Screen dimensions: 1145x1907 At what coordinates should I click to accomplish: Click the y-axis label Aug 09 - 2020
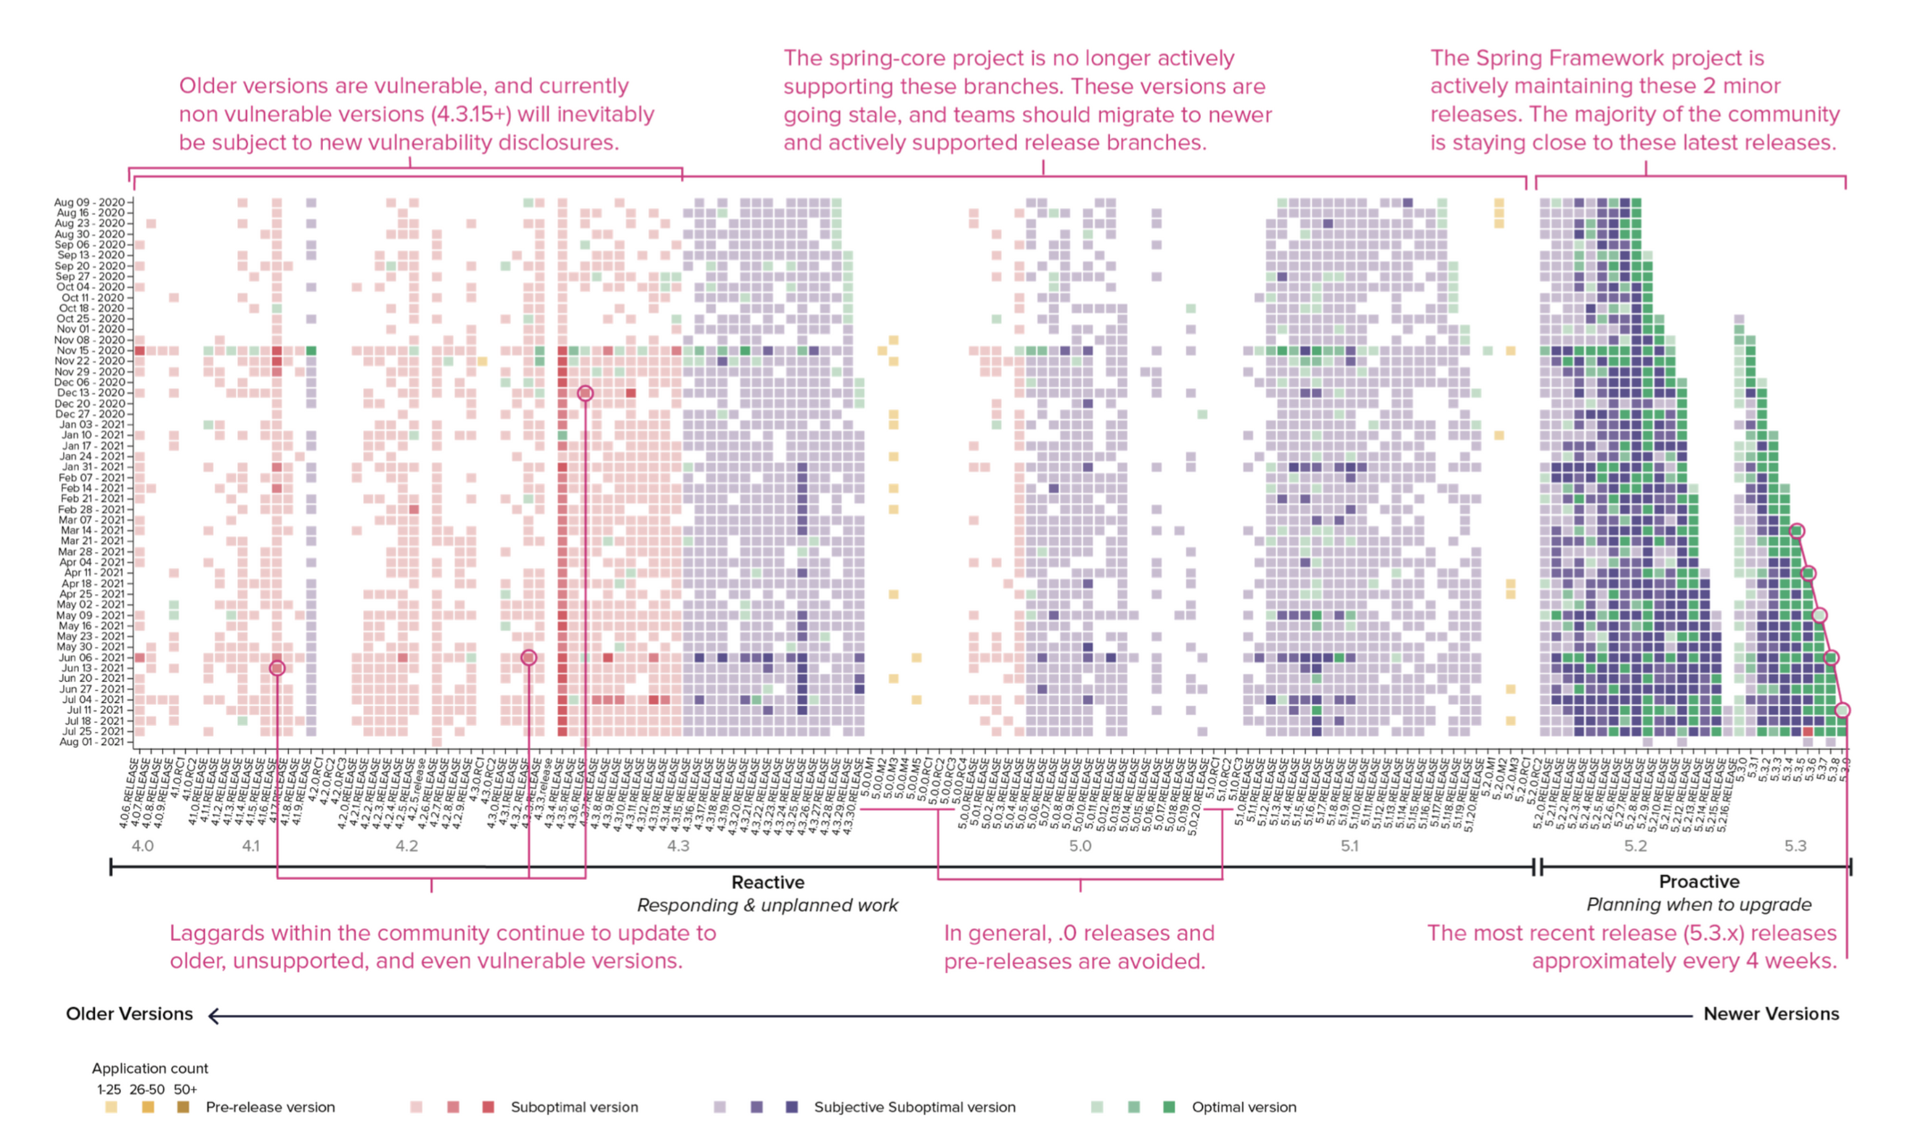pos(89,202)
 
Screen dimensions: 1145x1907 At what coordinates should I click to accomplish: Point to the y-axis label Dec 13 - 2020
pos(90,392)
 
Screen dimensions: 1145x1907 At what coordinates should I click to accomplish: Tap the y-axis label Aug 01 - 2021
pos(92,742)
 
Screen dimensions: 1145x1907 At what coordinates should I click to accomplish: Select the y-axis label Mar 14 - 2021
pos(92,531)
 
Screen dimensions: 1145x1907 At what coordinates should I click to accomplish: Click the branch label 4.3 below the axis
pos(678,846)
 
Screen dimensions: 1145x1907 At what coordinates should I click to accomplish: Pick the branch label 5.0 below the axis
pos(1080,846)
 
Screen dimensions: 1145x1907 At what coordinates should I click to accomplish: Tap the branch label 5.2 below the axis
pos(1636,846)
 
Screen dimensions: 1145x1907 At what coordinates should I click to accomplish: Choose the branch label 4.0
pos(143,846)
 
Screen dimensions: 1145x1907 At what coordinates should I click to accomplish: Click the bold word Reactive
pos(767,882)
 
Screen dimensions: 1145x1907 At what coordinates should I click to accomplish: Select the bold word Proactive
pos(1699,881)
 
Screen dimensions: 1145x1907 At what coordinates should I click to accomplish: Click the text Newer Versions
pos(1770,1014)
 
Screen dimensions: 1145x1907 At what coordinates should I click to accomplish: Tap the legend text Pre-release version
pos(270,1107)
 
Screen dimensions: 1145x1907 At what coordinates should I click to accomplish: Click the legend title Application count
pos(150,1069)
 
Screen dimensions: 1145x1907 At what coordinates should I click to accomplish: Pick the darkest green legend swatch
pos(1169,1107)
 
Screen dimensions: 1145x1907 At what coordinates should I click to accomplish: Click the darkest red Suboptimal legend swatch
pos(488,1107)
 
